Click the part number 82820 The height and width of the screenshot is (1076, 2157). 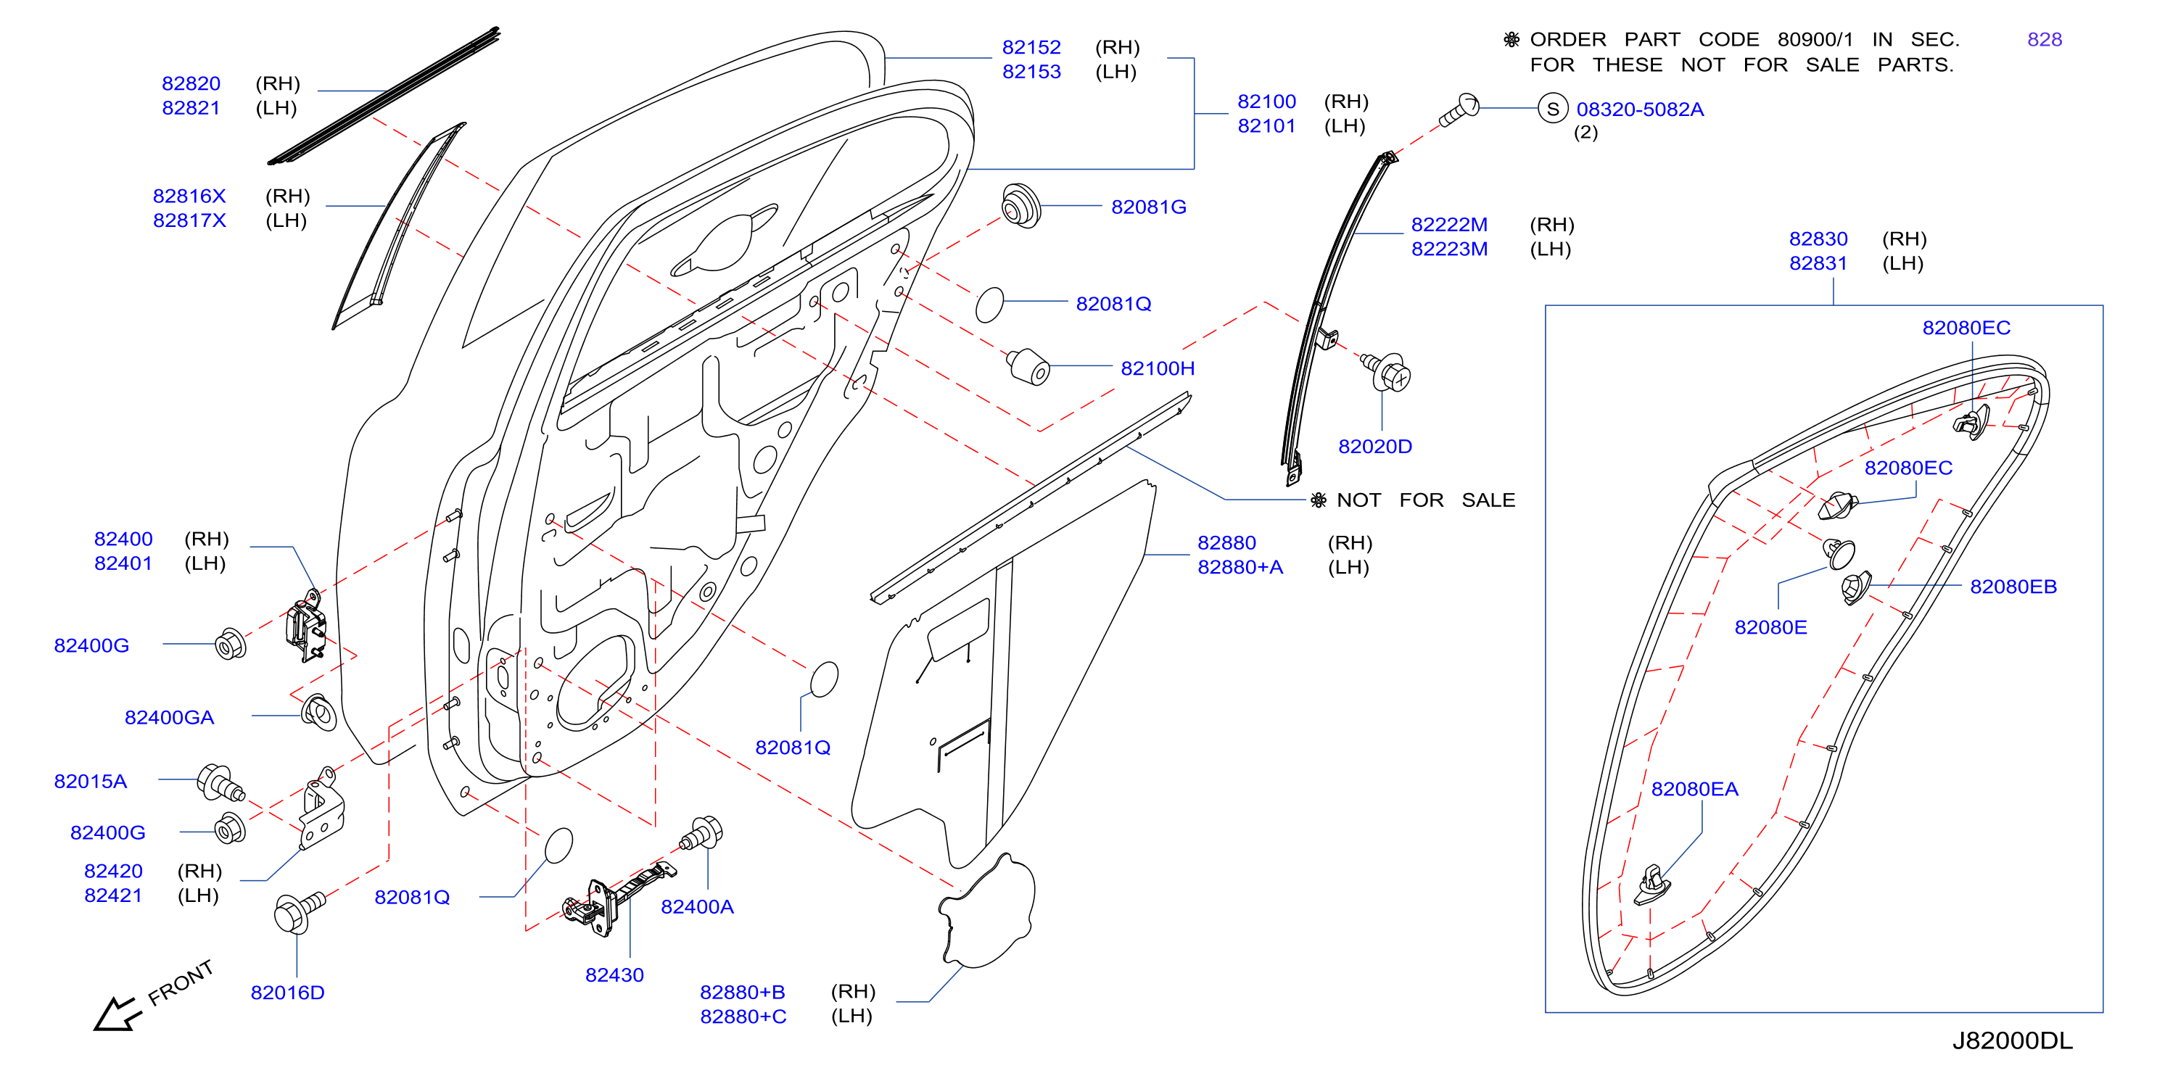pyautogui.click(x=191, y=83)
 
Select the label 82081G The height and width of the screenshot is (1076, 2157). pyautogui.click(x=1148, y=207)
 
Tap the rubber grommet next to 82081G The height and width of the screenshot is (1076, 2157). pyautogui.click(x=1020, y=205)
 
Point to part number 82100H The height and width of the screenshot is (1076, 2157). pyautogui.click(x=1158, y=368)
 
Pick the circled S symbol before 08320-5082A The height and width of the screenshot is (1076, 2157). pyautogui.click(x=1552, y=109)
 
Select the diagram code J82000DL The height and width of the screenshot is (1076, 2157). pyautogui.click(x=2012, y=1040)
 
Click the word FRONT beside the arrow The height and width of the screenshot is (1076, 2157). pyautogui.click(x=181, y=983)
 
